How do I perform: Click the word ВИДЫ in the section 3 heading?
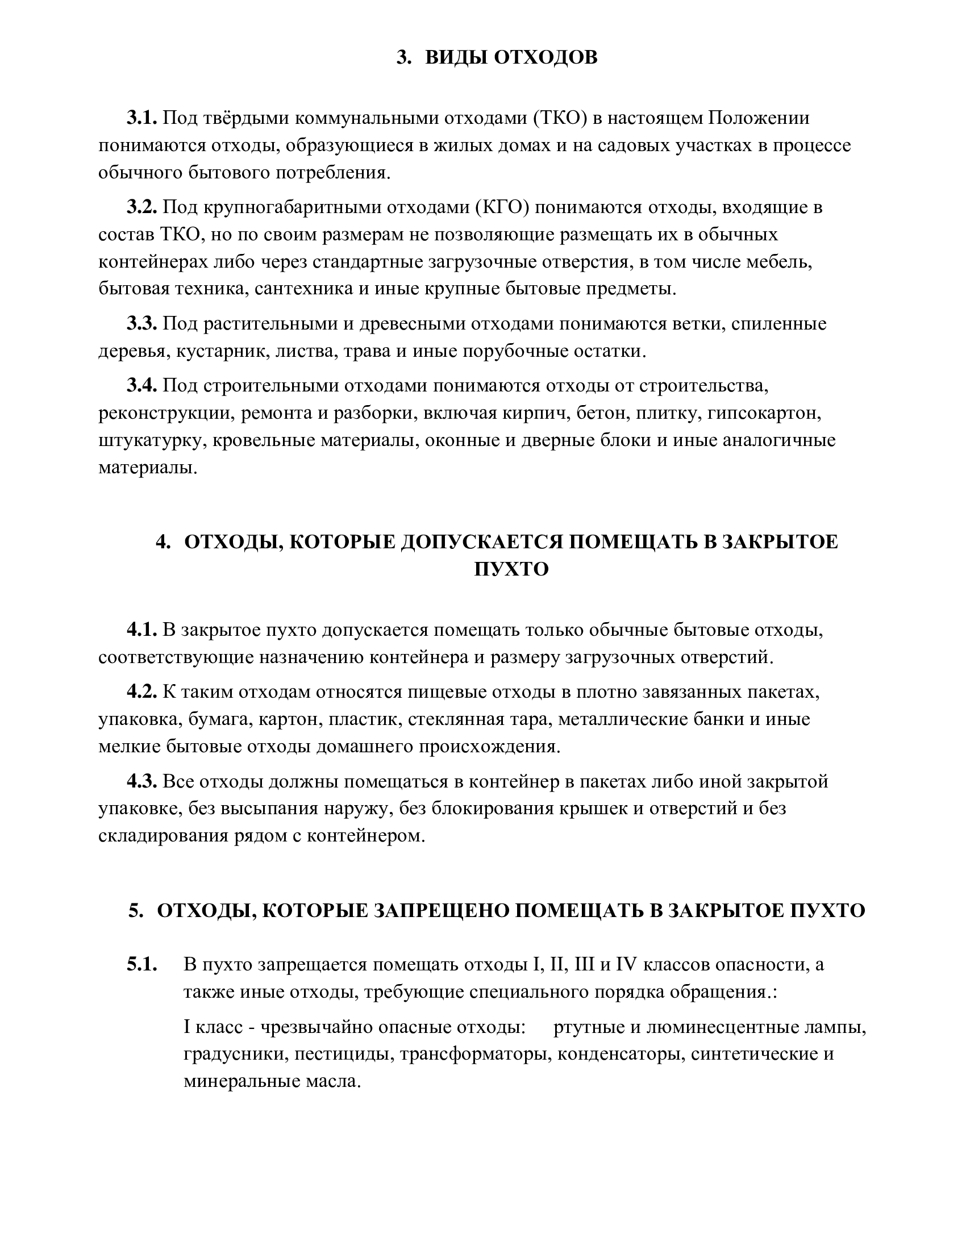[x=456, y=57]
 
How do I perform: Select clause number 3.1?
[x=141, y=118]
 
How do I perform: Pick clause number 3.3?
[x=141, y=323]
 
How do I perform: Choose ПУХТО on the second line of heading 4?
[x=511, y=569]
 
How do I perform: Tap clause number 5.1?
[x=141, y=964]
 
